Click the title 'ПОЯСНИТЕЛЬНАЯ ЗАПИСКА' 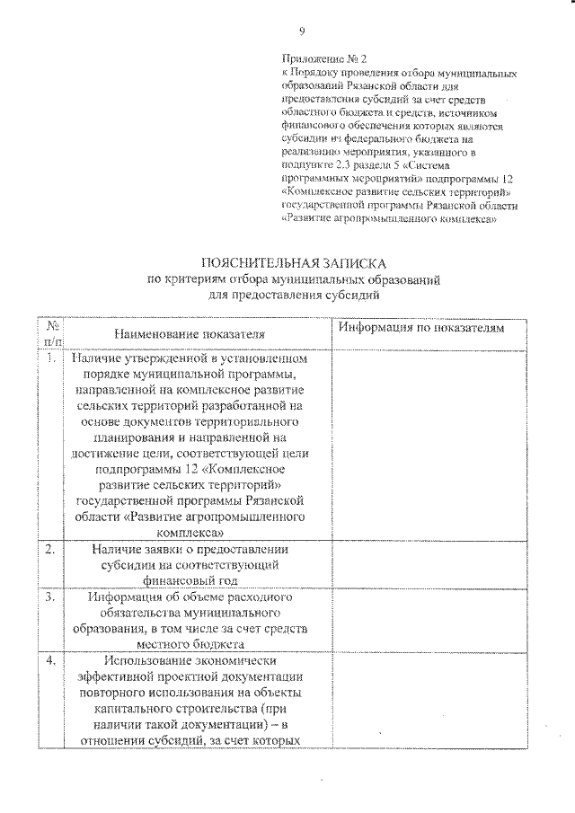pyautogui.click(x=294, y=263)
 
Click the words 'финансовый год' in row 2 pyautogui.click(x=189, y=580)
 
